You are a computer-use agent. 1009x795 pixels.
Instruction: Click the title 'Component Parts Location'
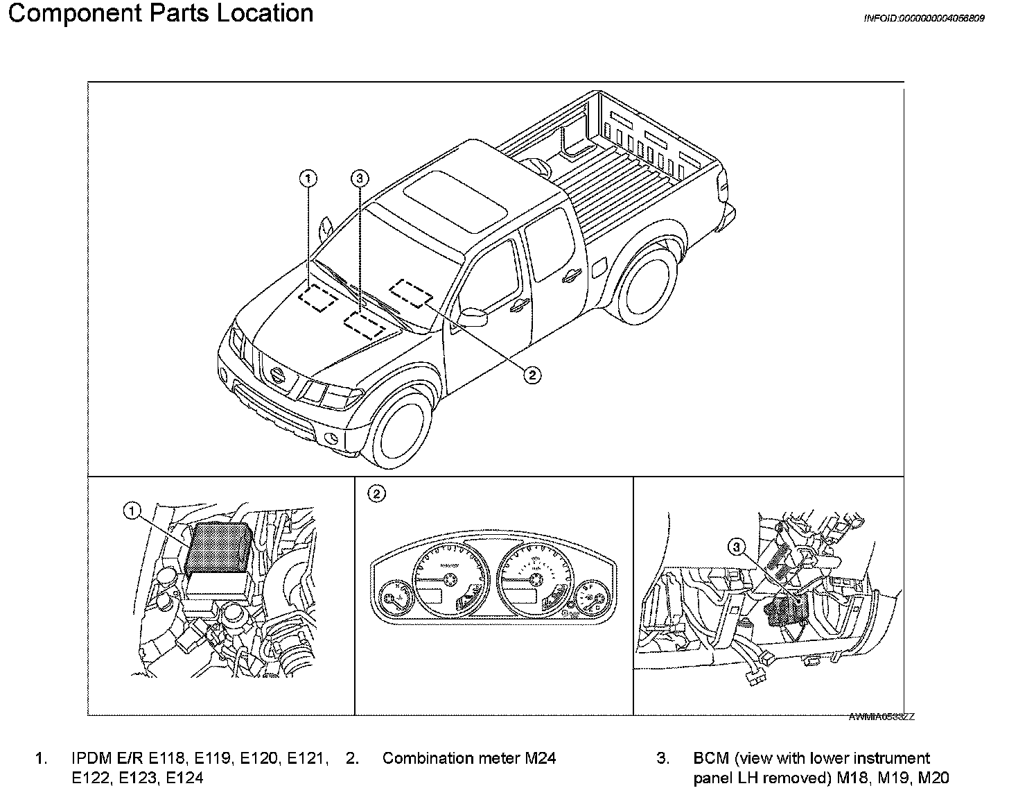(x=160, y=13)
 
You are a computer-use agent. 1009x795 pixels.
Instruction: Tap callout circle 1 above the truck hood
(x=308, y=179)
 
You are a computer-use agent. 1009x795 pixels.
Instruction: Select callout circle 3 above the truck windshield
(x=358, y=179)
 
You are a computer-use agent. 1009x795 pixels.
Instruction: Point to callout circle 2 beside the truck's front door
(x=532, y=375)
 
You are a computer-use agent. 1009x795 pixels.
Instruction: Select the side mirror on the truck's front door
(x=472, y=317)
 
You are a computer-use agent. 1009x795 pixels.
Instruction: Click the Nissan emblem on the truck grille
(x=278, y=375)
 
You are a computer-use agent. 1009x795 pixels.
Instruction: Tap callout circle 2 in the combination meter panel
(x=376, y=494)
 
